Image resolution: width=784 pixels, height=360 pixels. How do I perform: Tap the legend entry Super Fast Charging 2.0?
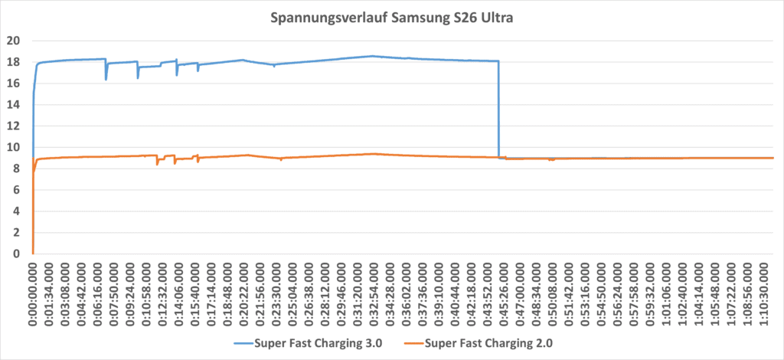point(488,342)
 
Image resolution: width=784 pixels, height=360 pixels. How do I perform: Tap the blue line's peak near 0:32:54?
point(372,56)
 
